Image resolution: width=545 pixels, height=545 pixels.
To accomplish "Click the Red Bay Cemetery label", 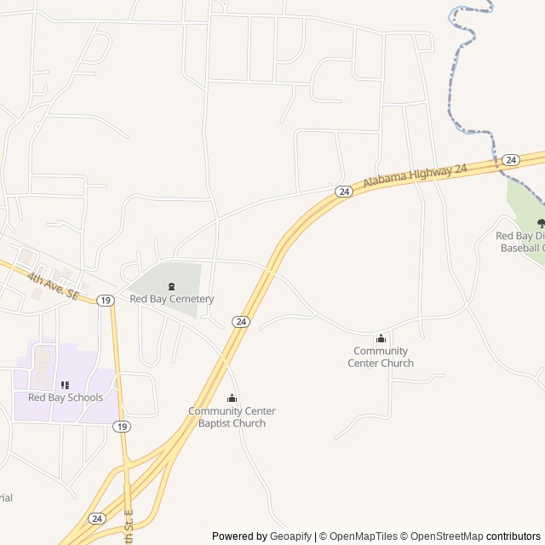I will coord(171,299).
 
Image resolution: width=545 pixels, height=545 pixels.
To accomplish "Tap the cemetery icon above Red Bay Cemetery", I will coord(171,285).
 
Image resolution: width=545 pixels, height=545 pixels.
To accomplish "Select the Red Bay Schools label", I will coord(66,398).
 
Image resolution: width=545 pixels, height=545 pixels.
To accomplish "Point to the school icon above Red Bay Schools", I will coord(66,385).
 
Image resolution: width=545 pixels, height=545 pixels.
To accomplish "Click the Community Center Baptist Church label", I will coord(232,417).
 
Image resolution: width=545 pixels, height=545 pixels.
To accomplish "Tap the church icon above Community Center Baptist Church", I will coord(232,398).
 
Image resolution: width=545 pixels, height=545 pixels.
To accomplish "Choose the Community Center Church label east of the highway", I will coord(381,357).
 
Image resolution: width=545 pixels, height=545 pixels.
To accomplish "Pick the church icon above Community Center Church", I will coord(381,338).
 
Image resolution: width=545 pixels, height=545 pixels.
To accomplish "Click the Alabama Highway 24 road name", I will coord(416,176).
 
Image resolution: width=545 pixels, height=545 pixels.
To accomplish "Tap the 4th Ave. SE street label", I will coord(52,284).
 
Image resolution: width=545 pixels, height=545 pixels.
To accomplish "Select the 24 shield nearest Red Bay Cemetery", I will coord(242,321).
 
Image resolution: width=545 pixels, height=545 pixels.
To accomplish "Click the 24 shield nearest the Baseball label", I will coord(510,159).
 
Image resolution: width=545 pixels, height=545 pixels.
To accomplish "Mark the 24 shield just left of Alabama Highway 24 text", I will coord(343,192).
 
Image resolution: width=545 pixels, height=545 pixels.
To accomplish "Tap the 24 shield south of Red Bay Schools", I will coord(97,518).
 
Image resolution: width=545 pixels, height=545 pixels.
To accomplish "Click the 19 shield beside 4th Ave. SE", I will coord(105,300).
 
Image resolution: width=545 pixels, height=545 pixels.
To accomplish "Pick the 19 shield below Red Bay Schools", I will coord(123,427).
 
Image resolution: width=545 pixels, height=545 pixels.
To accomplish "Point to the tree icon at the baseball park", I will coord(541,223).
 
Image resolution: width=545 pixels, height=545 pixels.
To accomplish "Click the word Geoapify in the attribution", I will coord(291,536).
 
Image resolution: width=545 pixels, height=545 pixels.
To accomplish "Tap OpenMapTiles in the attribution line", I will coord(364,536).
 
